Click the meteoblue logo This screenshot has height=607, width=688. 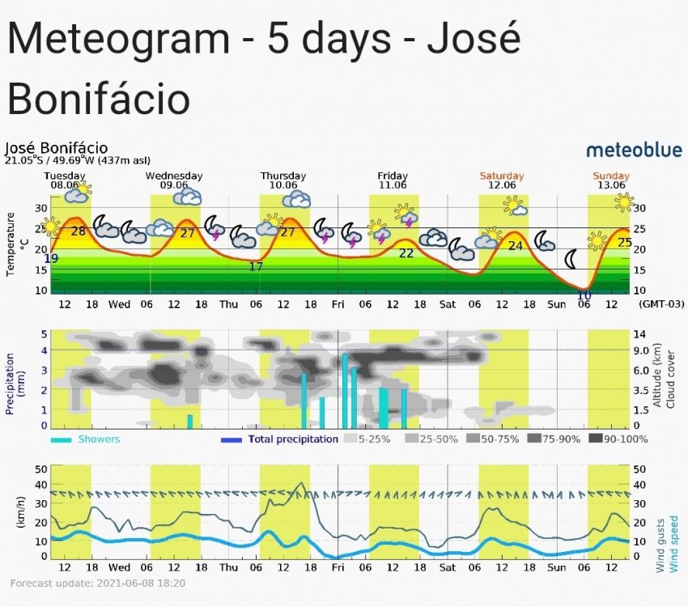633,150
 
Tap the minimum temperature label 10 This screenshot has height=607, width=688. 584,295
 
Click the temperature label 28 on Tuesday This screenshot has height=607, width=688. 79,231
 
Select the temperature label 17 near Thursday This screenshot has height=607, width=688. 256,266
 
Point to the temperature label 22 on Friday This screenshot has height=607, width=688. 406,253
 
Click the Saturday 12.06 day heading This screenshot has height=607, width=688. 502,180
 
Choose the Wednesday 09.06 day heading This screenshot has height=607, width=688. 174,180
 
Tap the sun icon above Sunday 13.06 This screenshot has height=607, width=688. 624,202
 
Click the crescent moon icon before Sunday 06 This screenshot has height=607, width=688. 571,259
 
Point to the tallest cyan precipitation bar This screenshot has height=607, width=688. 345,390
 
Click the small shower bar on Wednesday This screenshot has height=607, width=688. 190,421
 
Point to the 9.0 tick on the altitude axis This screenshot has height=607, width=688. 640,350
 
